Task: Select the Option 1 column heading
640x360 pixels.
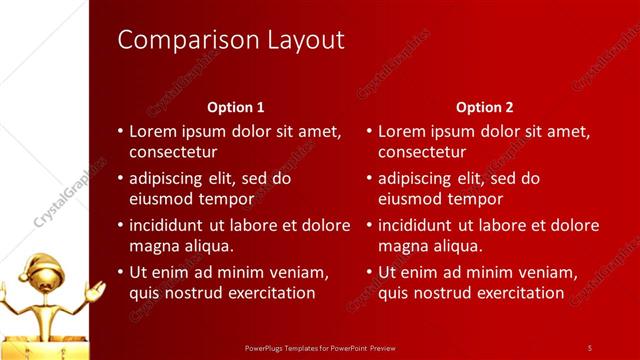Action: point(236,107)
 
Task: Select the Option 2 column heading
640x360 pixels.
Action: point(484,107)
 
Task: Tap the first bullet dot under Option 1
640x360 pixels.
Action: point(120,131)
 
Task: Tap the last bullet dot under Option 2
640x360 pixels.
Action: point(369,272)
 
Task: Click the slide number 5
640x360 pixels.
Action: point(589,347)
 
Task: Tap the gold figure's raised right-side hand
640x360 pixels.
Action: point(96,289)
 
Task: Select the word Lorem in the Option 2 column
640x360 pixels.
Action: point(401,131)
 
